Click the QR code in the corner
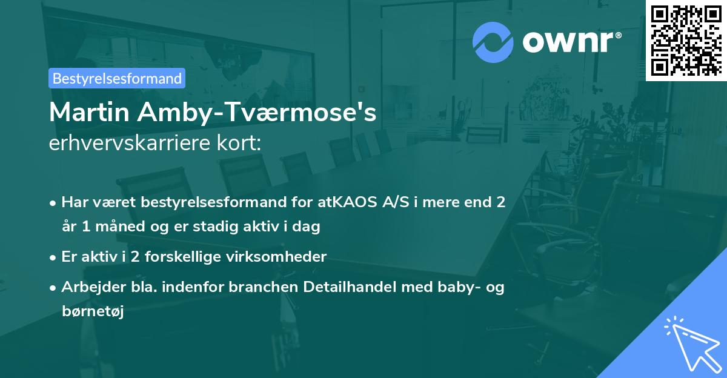click(x=686, y=40)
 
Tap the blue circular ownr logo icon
click(x=493, y=42)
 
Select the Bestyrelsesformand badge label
click(x=117, y=78)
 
